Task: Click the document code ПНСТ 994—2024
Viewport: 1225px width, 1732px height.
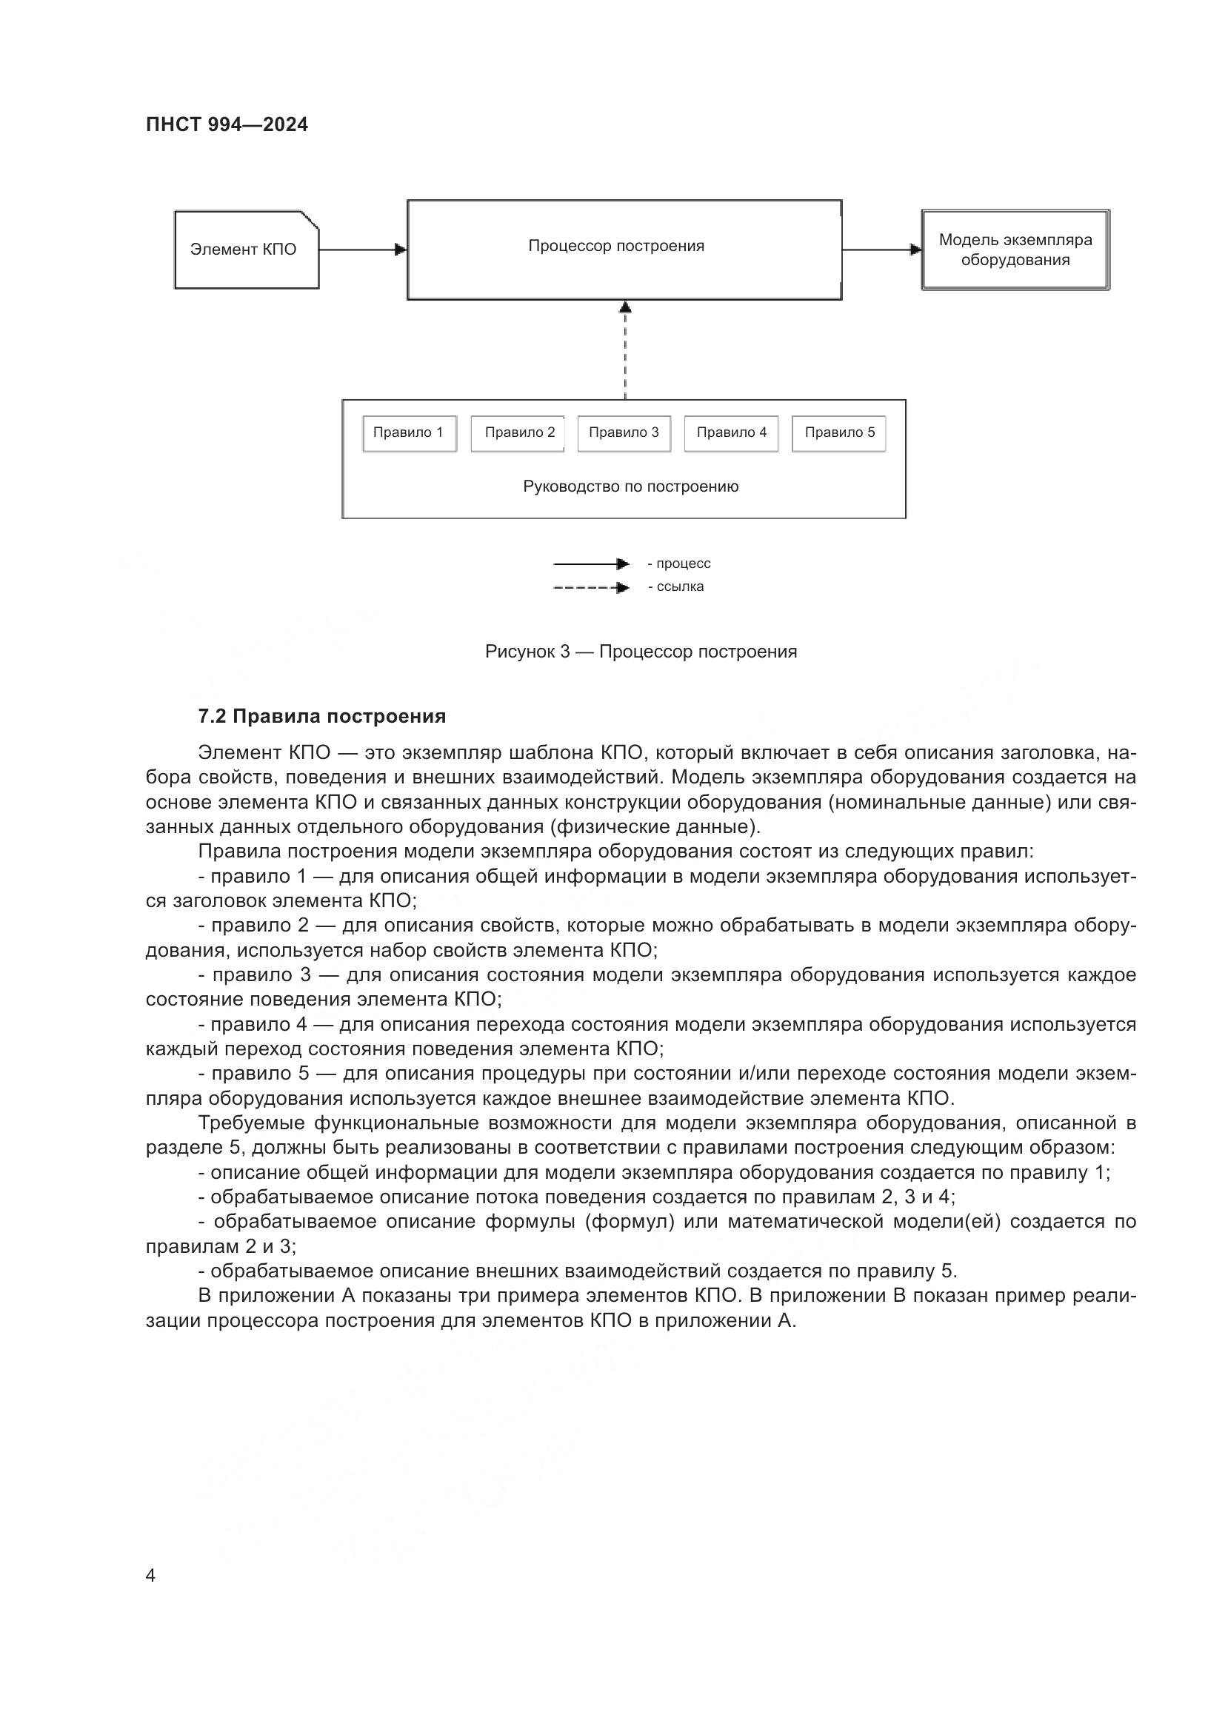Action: pyautogui.click(x=227, y=124)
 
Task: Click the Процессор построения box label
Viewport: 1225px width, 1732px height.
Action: pyautogui.click(x=615, y=246)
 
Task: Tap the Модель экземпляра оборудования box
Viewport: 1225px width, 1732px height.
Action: pyautogui.click(x=1015, y=250)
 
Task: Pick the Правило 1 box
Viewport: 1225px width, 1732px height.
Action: pyautogui.click(x=409, y=433)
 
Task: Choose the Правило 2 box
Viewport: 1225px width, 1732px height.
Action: pyautogui.click(x=518, y=433)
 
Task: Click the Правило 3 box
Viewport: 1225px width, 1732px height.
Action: pyautogui.click(x=624, y=433)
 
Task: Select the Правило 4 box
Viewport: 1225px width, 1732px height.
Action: pyautogui.click(x=731, y=433)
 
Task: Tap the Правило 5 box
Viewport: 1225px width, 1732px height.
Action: pyautogui.click(x=839, y=433)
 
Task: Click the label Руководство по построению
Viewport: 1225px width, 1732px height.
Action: pyautogui.click(x=630, y=487)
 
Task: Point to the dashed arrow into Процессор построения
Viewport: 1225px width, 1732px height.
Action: pyautogui.click(x=624, y=351)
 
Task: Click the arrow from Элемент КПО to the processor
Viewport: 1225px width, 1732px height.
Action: pyautogui.click(x=362, y=250)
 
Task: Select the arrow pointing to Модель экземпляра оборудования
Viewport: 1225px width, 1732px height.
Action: pyautogui.click(x=881, y=250)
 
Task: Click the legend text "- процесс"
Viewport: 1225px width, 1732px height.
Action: pyautogui.click(x=679, y=564)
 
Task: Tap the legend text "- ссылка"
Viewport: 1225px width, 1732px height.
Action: pyautogui.click(x=676, y=587)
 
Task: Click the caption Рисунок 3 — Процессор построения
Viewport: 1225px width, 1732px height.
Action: pyautogui.click(x=641, y=652)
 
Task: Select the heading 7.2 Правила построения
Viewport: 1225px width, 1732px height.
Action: pyautogui.click(x=321, y=716)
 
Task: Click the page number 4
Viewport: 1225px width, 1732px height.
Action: pyautogui.click(x=150, y=1576)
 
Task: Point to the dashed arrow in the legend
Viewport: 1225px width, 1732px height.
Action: pyautogui.click(x=590, y=588)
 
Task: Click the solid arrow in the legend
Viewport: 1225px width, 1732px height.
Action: pyautogui.click(x=590, y=564)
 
